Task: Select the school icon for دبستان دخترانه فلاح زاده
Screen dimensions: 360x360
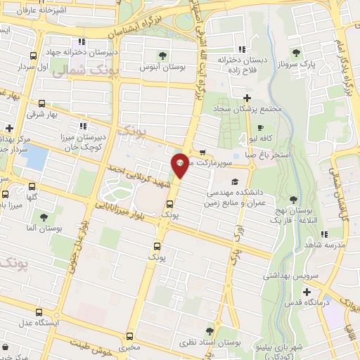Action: (241, 49)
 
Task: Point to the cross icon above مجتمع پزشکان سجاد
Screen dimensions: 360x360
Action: (246, 97)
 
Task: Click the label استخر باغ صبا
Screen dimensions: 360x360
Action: (279, 150)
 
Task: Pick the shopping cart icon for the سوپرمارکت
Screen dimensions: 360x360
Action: (202, 151)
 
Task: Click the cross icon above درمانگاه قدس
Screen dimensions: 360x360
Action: (307, 291)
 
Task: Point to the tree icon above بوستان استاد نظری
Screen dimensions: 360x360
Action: (210, 330)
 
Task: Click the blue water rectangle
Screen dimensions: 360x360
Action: (35, 156)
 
